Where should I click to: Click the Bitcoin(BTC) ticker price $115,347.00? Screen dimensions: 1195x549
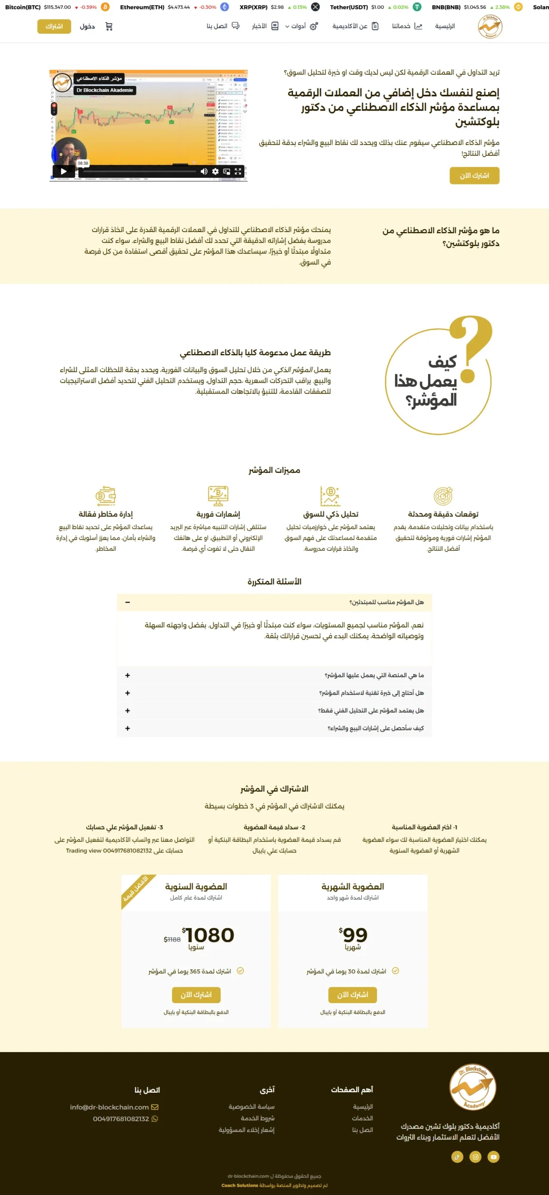[x=57, y=7]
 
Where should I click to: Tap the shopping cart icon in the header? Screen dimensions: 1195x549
[x=109, y=27]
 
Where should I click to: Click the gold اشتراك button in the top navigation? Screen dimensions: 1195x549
[x=54, y=27]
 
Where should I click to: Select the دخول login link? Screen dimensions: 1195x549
[x=87, y=27]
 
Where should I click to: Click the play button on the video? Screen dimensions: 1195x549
[x=64, y=171]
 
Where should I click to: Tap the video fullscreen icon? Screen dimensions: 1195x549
[x=238, y=171]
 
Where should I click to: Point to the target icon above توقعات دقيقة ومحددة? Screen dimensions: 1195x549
[x=443, y=496]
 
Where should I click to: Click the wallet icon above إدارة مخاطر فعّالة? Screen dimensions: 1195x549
[x=106, y=496]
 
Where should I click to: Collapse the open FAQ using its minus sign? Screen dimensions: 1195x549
[x=128, y=602]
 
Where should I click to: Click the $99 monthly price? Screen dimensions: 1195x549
[x=353, y=935]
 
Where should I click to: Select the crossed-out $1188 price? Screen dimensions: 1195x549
[x=172, y=939]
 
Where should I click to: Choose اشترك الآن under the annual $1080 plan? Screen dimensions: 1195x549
[x=196, y=994]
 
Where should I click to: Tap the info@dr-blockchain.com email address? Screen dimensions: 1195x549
[x=109, y=1107]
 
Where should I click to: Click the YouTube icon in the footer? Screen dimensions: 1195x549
[x=493, y=1157]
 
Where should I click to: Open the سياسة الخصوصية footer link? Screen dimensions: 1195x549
[x=251, y=1107]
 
